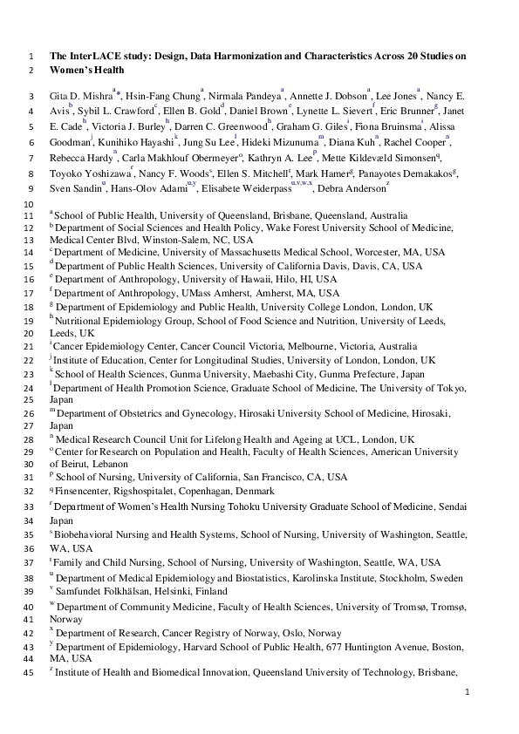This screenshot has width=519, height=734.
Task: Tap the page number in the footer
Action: coord(468,692)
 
